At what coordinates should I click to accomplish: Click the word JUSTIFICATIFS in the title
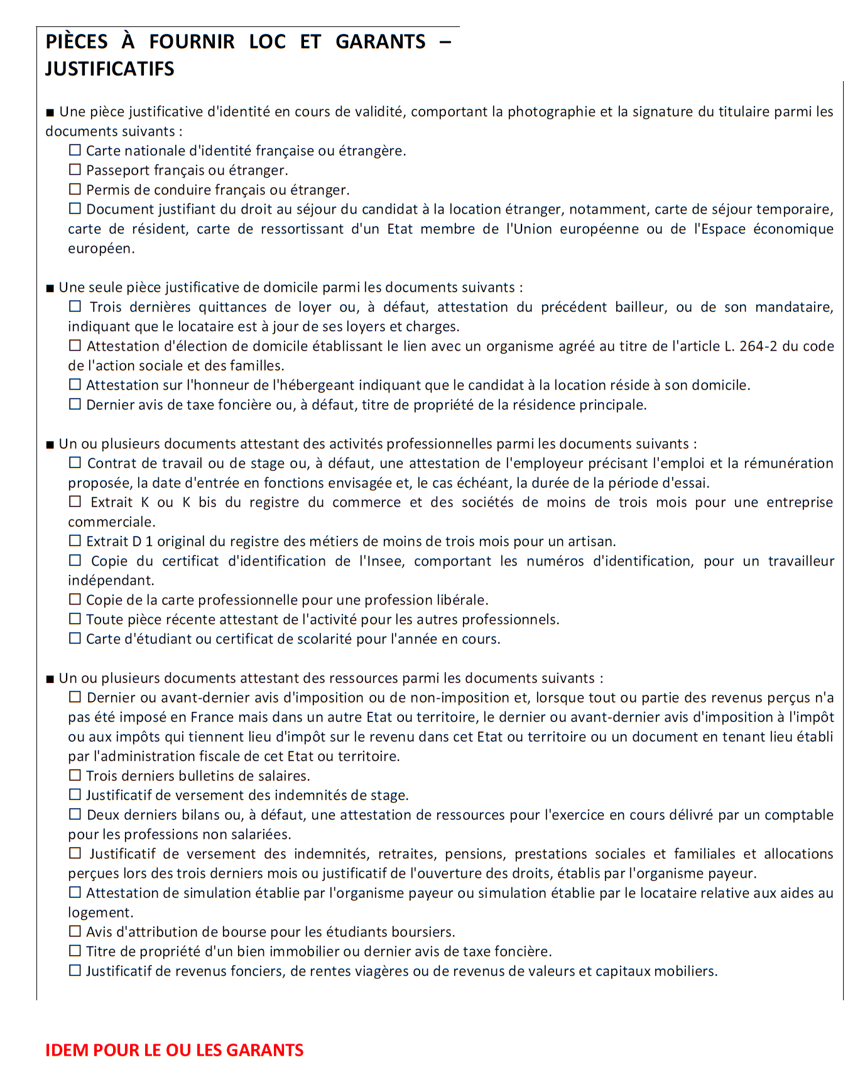click(x=109, y=68)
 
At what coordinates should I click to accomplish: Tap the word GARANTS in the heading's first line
click(x=380, y=41)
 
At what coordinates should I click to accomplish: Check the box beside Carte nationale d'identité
click(x=75, y=150)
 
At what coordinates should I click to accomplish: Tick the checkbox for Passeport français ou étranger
click(x=75, y=170)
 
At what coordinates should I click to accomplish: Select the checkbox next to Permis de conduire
click(x=75, y=189)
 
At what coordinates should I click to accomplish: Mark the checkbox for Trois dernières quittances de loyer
click(x=75, y=307)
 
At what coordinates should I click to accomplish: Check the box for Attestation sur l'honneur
click(x=75, y=385)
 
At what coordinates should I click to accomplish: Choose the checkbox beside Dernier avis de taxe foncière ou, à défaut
click(x=75, y=404)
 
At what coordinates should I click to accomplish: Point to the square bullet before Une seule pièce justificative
click(x=50, y=288)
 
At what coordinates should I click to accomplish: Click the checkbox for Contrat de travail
click(x=75, y=463)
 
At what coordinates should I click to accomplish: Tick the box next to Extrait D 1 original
click(x=75, y=541)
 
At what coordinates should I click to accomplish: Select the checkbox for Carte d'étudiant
click(x=75, y=638)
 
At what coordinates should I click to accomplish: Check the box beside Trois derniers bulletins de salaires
click(x=75, y=775)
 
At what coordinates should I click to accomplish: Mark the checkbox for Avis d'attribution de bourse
click(x=75, y=931)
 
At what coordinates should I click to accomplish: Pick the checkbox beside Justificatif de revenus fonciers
click(x=75, y=971)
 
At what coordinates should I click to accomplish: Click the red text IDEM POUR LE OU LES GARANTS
click(x=174, y=1051)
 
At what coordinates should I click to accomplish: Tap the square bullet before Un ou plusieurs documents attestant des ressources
click(x=50, y=679)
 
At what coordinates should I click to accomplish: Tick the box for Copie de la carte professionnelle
click(x=75, y=599)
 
